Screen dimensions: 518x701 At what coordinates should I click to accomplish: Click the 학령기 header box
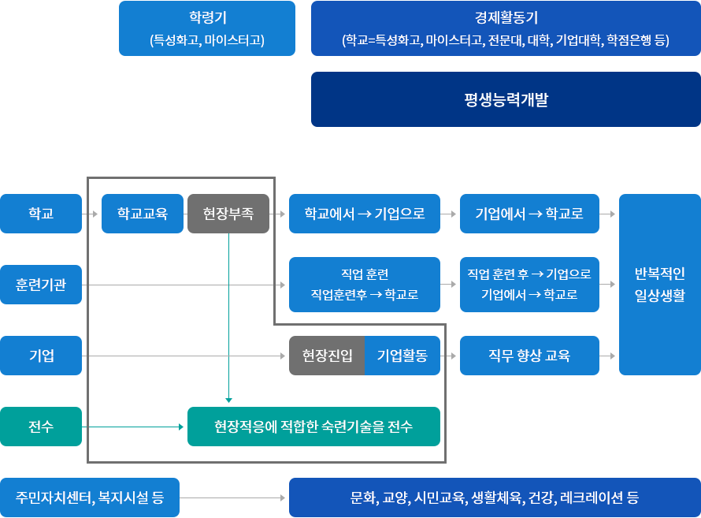tap(206, 28)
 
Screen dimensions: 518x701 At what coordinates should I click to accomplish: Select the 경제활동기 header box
tap(506, 28)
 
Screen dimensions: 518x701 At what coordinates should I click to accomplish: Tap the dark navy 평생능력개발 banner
tap(506, 99)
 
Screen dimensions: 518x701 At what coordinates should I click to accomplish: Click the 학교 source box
tap(41, 214)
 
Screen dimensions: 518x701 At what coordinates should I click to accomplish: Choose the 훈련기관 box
tap(41, 285)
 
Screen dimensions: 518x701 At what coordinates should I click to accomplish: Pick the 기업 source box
tap(41, 356)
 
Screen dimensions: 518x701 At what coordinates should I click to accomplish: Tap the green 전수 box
tap(41, 427)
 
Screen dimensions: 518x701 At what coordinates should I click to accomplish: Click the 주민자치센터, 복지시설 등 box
tap(90, 498)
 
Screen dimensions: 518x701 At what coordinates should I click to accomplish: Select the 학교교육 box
tap(143, 214)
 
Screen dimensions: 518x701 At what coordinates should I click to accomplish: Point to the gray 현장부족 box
tap(228, 214)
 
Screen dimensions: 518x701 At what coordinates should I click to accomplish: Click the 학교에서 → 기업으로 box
tap(365, 214)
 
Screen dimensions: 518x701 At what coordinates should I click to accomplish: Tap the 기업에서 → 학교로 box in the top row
tap(529, 214)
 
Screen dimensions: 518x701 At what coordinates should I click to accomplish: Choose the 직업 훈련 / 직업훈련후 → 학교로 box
tap(365, 285)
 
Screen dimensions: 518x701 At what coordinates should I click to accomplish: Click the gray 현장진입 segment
tap(328, 356)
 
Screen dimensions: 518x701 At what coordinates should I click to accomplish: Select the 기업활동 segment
tap(402, 356)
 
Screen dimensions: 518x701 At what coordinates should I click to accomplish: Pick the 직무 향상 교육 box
tap(529, 356)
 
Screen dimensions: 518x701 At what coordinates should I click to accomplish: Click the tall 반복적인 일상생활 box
tap(660, 285)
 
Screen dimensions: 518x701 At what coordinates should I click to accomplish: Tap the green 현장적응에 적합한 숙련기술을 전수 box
tap(313, 427)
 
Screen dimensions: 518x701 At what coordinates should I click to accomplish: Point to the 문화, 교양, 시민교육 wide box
tap(495, 498)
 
